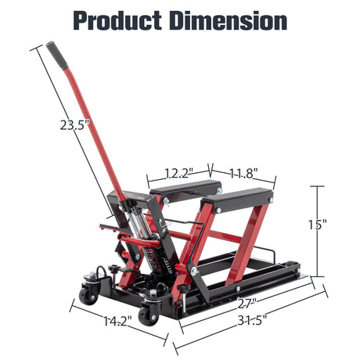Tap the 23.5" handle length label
[74, 124]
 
